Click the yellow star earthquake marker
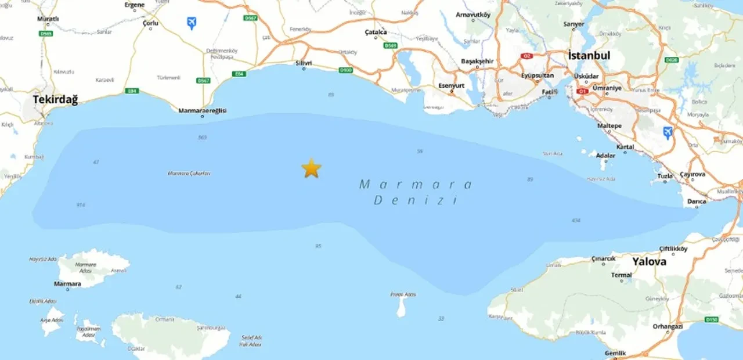click(311, 168)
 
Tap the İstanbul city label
click(589, 56)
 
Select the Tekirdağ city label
click(55, 99)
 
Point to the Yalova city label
click(649, 262)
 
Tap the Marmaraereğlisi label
click(202, 110)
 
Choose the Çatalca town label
click(376, 33)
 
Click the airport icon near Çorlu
click(191, 23)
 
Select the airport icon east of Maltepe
click(668, 132)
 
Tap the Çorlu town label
click(151, 23)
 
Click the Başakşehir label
click(477, 61)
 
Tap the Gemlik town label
click(615, 353)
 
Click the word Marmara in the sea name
click(416, 185)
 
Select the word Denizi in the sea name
click(416, 201)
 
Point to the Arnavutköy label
click(473, 15)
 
